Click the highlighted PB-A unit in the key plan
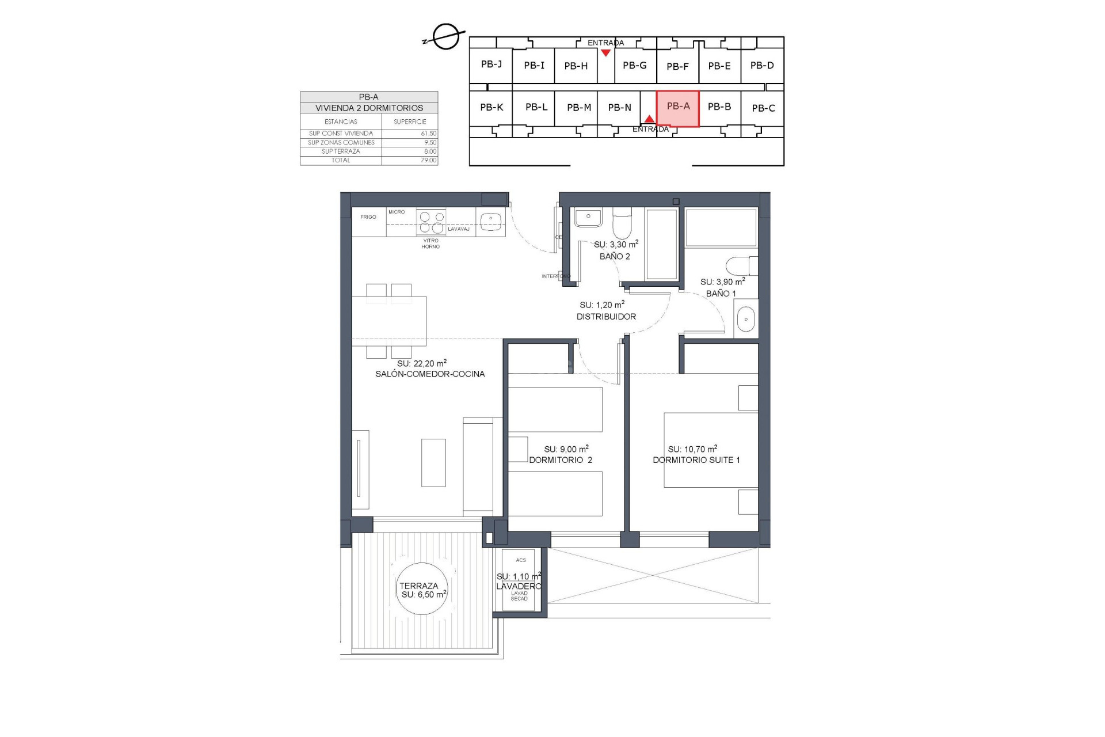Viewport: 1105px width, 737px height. coord(677,108)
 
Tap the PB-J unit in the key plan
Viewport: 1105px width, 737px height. coord(491,64)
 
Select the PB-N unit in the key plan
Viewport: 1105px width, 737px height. coord(619,108)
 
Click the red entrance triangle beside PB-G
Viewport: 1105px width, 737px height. coord(605,53)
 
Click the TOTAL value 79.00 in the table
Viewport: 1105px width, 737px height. coord(428,161)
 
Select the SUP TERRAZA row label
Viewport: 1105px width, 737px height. coord(341,151)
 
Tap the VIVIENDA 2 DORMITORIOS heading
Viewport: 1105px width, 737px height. coord(369,108)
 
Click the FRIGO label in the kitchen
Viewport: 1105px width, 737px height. coord(368,217)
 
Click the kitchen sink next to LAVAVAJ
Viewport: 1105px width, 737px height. coord(491,221)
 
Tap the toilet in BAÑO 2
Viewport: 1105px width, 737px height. coord(622,225)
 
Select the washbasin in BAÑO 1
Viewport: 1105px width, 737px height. coord(746,319)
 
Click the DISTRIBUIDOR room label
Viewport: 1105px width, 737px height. coord(606,317)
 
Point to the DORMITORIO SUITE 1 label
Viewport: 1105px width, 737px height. coord(696,460)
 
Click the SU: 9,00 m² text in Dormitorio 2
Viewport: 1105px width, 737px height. coord(566,449)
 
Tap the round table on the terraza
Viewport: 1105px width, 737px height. coord(422,590)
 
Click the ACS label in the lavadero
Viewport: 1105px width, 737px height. coord(521,560)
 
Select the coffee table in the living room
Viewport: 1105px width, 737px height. coord(433,462)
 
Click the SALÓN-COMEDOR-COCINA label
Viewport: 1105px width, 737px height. coord(430,374)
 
